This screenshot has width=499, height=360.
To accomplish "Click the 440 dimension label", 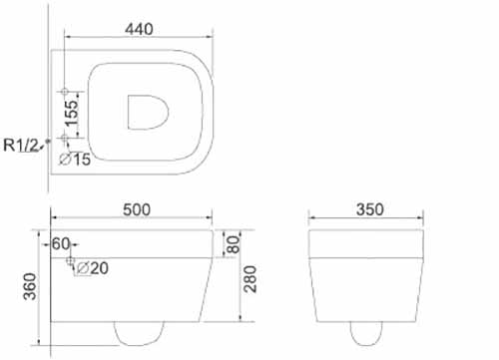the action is click(139, 29).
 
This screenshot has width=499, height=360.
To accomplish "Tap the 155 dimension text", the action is click(72, 114).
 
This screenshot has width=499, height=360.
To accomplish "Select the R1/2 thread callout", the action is click(21, 145).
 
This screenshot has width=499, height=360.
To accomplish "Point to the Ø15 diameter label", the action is click(75, 160).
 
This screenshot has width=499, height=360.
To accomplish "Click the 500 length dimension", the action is click(137, 209).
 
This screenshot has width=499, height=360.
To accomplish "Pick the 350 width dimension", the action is click(370, 209).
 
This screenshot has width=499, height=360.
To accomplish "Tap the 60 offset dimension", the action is click(61, 244).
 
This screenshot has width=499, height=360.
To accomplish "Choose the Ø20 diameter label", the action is click(93, 268).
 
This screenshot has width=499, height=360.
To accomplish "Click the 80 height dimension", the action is click(234, 244).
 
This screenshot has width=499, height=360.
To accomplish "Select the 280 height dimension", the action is click(250, 279).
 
